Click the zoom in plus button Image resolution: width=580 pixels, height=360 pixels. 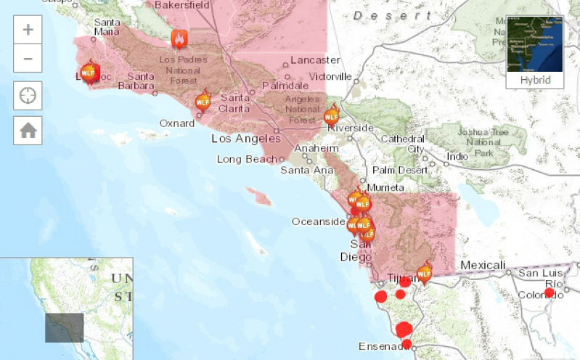(x=28, y=30)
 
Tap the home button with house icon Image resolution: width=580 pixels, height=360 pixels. (x=28, y=130)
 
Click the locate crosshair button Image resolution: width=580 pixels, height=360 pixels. (x=28, y=94)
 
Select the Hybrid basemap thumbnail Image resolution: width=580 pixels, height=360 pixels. (x=535, y=51)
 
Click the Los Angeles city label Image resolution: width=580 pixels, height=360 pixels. (x=245, y=138)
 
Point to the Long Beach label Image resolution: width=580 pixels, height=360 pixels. (x=247, y=159)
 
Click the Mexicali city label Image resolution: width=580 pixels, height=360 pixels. (x=482, y=265)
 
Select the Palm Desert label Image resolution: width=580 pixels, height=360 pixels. (x=401, y=170)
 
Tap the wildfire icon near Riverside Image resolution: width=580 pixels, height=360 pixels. (x=332, y=115)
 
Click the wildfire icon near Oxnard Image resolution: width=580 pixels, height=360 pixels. (x=203, y=101)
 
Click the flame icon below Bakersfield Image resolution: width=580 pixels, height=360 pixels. (x=179, y=38)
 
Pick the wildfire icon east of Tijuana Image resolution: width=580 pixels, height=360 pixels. (x=425, y=272)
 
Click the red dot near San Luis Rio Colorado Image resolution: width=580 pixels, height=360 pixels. (x=550, y=292)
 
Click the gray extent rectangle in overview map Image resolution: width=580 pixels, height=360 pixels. (x=65, y=327)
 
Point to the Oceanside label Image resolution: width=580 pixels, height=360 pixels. (x=318, y=221)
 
